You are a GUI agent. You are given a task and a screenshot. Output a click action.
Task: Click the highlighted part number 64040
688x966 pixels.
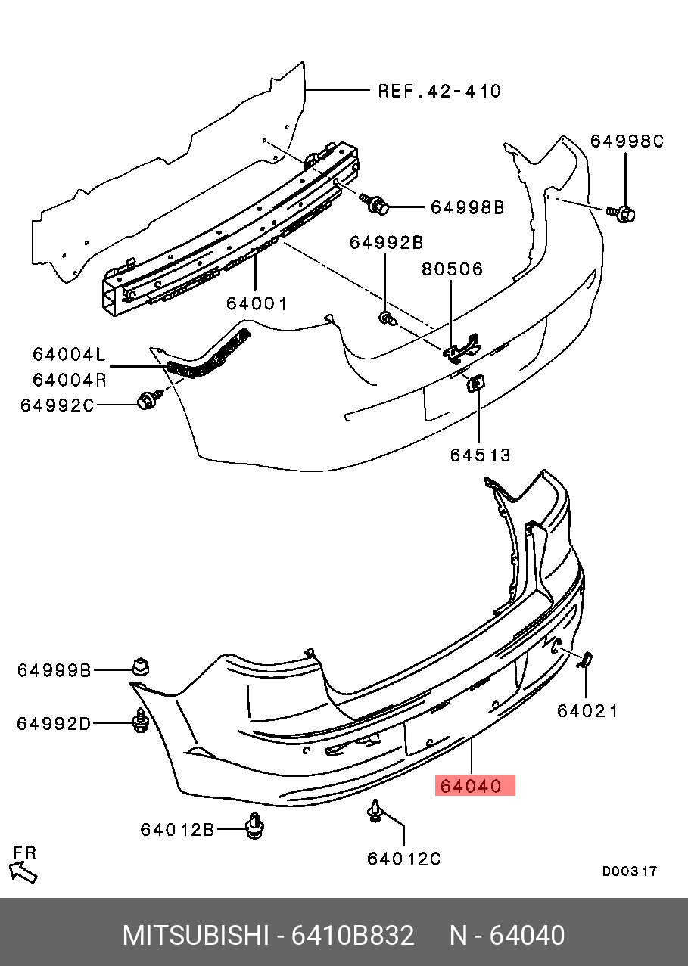point(475,786)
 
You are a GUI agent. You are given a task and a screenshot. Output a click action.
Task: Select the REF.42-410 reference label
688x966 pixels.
point(439,92)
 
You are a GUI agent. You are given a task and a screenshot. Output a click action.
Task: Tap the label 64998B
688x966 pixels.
point(467,207)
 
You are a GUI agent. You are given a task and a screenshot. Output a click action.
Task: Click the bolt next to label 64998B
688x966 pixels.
point(376,203)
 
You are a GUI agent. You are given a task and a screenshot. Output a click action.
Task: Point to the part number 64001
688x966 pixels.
point(257,303)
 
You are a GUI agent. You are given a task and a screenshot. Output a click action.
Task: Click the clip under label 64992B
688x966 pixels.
point(388,318)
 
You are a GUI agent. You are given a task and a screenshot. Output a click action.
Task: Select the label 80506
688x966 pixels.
point(453,269)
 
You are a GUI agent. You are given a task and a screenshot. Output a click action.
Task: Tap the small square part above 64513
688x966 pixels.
point(476,384)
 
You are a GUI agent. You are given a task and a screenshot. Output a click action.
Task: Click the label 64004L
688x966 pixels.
point(69,353)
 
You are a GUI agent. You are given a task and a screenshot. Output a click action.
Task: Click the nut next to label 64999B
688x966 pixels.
point(140,666)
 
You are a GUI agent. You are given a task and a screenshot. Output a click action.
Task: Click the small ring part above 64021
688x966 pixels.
point(586,660)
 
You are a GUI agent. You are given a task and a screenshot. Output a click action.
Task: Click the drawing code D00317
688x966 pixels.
point(629,871)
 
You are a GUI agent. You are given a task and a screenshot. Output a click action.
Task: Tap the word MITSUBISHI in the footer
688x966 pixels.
point(195,936)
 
